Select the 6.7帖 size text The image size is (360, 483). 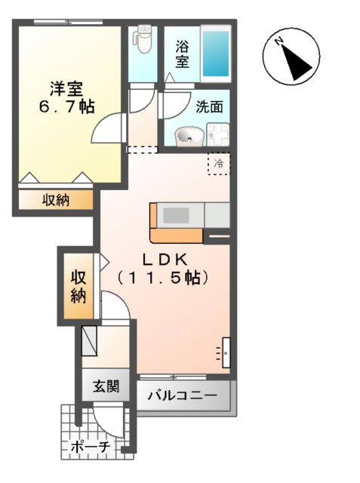tap(66, 106)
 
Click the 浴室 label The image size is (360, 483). tap(183, 54)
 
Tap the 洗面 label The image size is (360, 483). tap(209, 106)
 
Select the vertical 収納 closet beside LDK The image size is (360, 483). tap(78, 286)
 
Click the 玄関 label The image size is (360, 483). tap(106, 388)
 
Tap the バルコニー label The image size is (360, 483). tap(182, 395)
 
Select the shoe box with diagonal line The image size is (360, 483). tap(91, 340)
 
